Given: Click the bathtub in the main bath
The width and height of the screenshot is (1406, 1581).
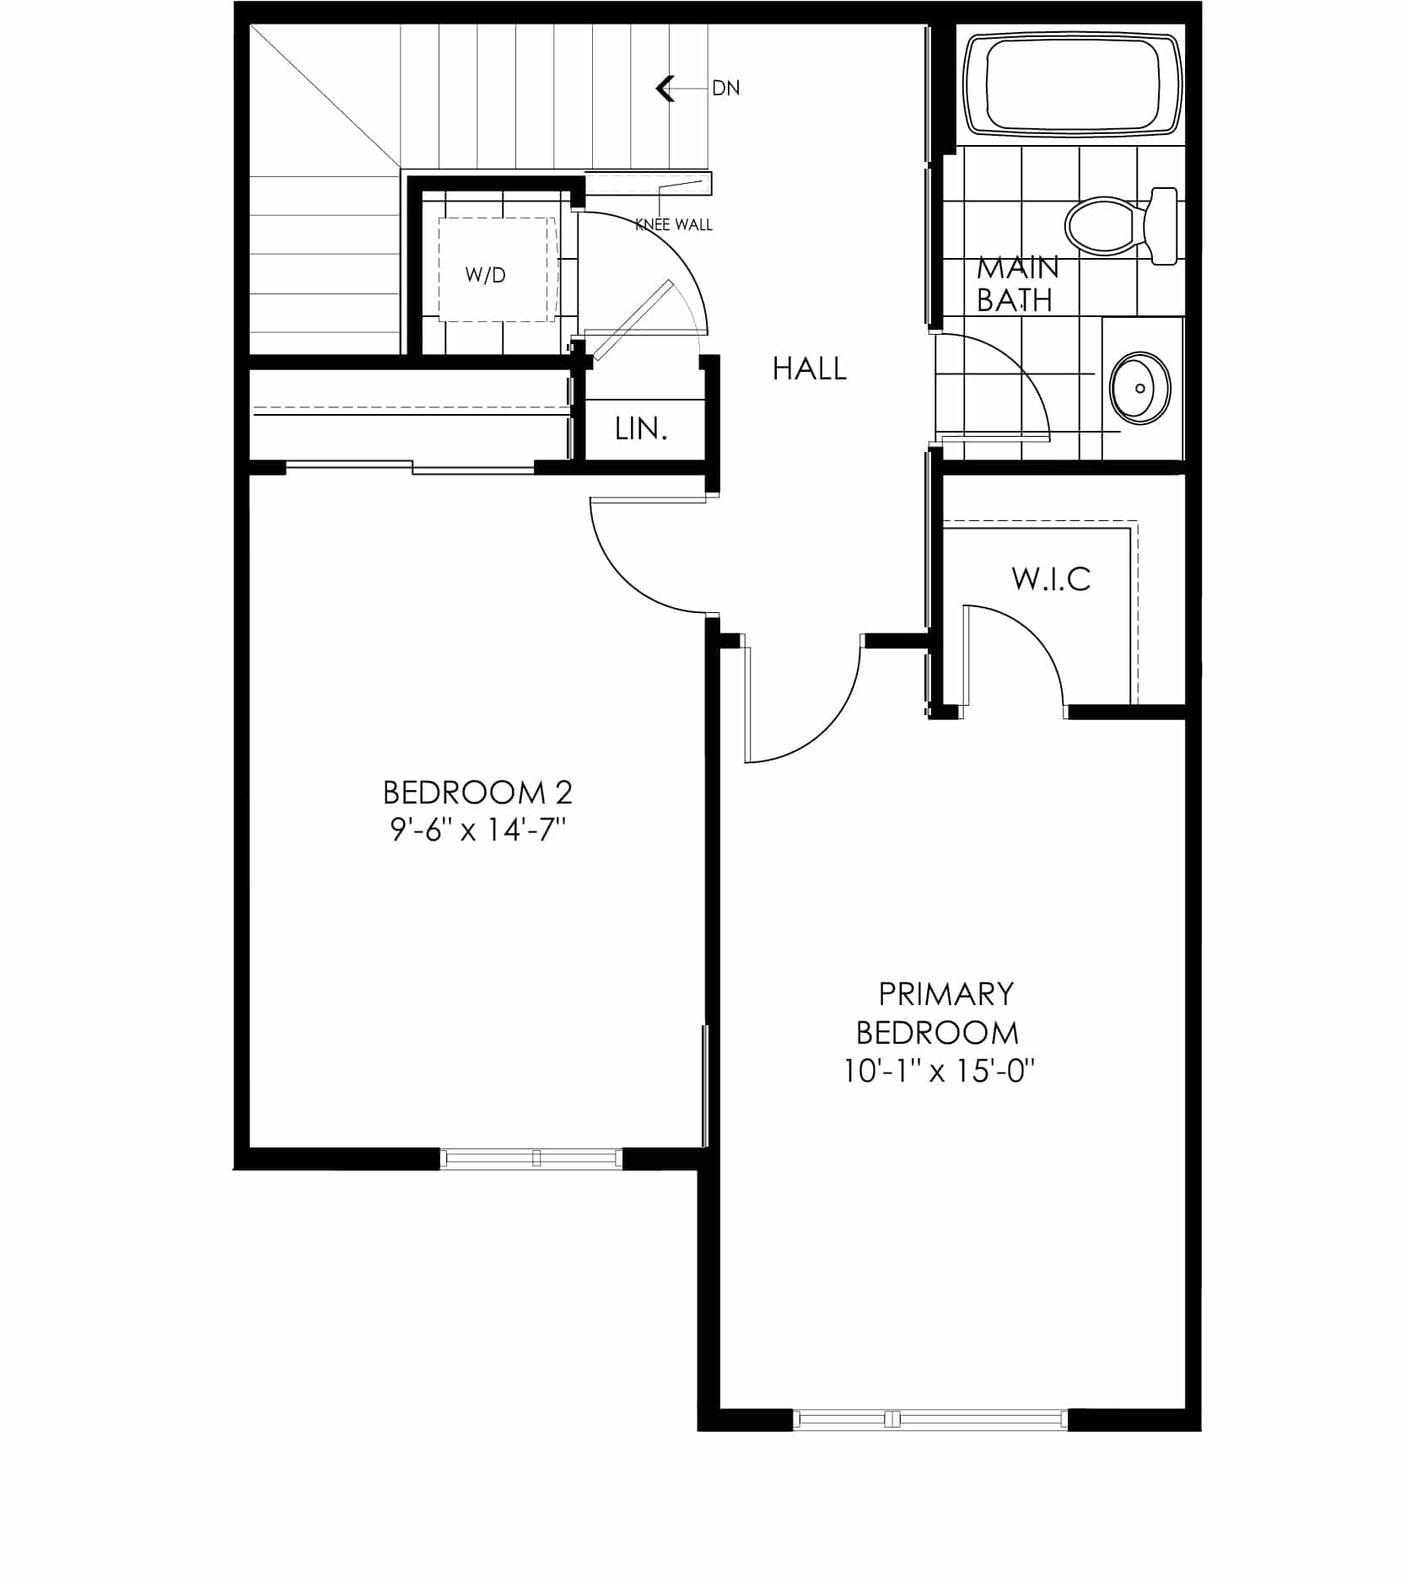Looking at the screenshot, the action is (1073, 83).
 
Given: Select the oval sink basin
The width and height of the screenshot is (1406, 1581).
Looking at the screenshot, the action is (1140, 388).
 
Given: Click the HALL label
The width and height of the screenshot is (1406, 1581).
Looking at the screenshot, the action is (810, 368).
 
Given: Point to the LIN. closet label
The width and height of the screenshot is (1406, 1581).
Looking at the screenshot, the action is (641, 429).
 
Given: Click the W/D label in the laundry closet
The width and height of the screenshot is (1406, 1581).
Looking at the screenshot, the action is (485, 275).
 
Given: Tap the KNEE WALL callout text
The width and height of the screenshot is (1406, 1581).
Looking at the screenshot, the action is (674, 224).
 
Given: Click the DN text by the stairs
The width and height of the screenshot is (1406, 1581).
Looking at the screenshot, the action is (726, 88).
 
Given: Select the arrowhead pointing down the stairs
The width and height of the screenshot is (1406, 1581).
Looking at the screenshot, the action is (665, 88).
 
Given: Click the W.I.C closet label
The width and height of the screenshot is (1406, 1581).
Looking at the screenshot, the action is (1051, 578).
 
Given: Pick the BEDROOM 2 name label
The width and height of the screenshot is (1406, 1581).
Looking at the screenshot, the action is (477, 793).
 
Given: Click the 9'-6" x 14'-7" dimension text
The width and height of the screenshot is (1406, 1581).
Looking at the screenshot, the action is (477, 831).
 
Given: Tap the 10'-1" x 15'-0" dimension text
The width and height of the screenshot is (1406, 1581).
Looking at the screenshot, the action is (939, 1071).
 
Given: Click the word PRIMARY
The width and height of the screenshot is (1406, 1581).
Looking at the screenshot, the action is (945, 994).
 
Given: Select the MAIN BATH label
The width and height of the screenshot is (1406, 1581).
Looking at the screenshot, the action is (1017, 283).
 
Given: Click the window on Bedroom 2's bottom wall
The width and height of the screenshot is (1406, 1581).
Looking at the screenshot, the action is (531, 1158).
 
